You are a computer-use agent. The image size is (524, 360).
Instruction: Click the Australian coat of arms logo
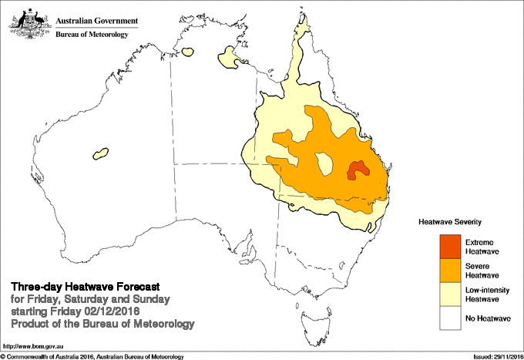click(x=29, y=21)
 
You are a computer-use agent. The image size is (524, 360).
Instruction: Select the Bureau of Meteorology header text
click(x=96, y=34)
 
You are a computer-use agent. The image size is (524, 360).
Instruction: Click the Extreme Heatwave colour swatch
click(x=451, y=246)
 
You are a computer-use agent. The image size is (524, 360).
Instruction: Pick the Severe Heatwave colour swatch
click(x=451, y=269)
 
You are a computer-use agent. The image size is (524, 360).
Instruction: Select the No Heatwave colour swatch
click(x=451, y=317)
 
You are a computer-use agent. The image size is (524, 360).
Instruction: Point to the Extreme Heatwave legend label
click(x=485, y=247)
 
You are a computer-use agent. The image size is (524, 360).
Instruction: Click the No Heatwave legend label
click(x=489, y=317)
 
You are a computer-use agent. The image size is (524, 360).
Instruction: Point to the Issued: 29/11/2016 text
click(x=495, y=356)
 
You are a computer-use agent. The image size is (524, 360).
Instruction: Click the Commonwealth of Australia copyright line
click(x=92, y=356)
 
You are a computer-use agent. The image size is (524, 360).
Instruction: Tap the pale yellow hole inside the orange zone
click(x=324, y=163)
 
